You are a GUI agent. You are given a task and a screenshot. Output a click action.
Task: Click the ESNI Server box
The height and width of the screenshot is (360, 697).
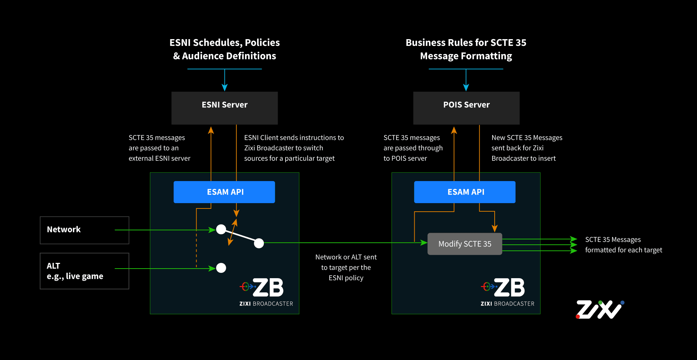pyautogui.click(x=224, y=108)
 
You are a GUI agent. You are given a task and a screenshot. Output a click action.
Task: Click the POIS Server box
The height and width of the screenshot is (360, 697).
pyautogui.click(x=466, y=108)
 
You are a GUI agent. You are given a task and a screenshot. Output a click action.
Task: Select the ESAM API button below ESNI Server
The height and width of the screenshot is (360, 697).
pyautogui.click(x=224, y=192)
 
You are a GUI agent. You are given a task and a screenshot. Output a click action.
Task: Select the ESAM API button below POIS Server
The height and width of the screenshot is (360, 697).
pyautogui.click(x=464, y=192)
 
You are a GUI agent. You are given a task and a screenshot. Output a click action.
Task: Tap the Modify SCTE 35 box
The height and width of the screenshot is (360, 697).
pyautogui.click(x=464, y=244)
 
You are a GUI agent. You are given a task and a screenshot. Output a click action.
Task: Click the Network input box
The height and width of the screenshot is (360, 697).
pyautogui.click(x=84, y=230)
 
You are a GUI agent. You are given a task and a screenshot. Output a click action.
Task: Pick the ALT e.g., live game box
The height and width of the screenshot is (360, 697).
pyautogui.click(x=84, y=271)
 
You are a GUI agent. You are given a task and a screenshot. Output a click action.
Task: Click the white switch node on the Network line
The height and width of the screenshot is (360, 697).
pyautogui.click(x=221, y=229)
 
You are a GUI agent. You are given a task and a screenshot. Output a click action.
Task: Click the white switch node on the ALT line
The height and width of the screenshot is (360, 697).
pyautogui.click(x=221, y=268)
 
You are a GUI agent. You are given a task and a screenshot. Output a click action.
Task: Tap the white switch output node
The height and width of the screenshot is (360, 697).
pyautogui.click(x=259, y=243)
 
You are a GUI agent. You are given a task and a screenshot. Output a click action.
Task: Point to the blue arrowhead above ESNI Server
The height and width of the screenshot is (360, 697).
pyautogui.click(x=224, y=88)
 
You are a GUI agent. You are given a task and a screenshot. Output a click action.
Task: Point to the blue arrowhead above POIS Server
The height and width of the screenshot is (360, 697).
pyautogui.click(x=466, y=88)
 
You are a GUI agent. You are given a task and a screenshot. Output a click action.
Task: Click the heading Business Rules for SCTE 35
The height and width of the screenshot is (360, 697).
pyautogui.click(x=466, y=43)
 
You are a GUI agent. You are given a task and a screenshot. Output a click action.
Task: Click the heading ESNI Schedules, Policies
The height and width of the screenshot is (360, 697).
pyautogui.click(x=224, y=43)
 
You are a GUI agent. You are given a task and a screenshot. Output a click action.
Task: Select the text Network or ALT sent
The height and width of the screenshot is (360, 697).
pyautogui.click(x=346, y=257)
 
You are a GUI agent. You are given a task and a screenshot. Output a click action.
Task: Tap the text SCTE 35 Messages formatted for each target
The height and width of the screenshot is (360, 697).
pyautogui.click(x=623, y=245)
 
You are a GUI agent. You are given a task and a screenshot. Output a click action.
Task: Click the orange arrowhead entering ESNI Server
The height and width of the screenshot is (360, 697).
pyautogui.click(x=211, y=130)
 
